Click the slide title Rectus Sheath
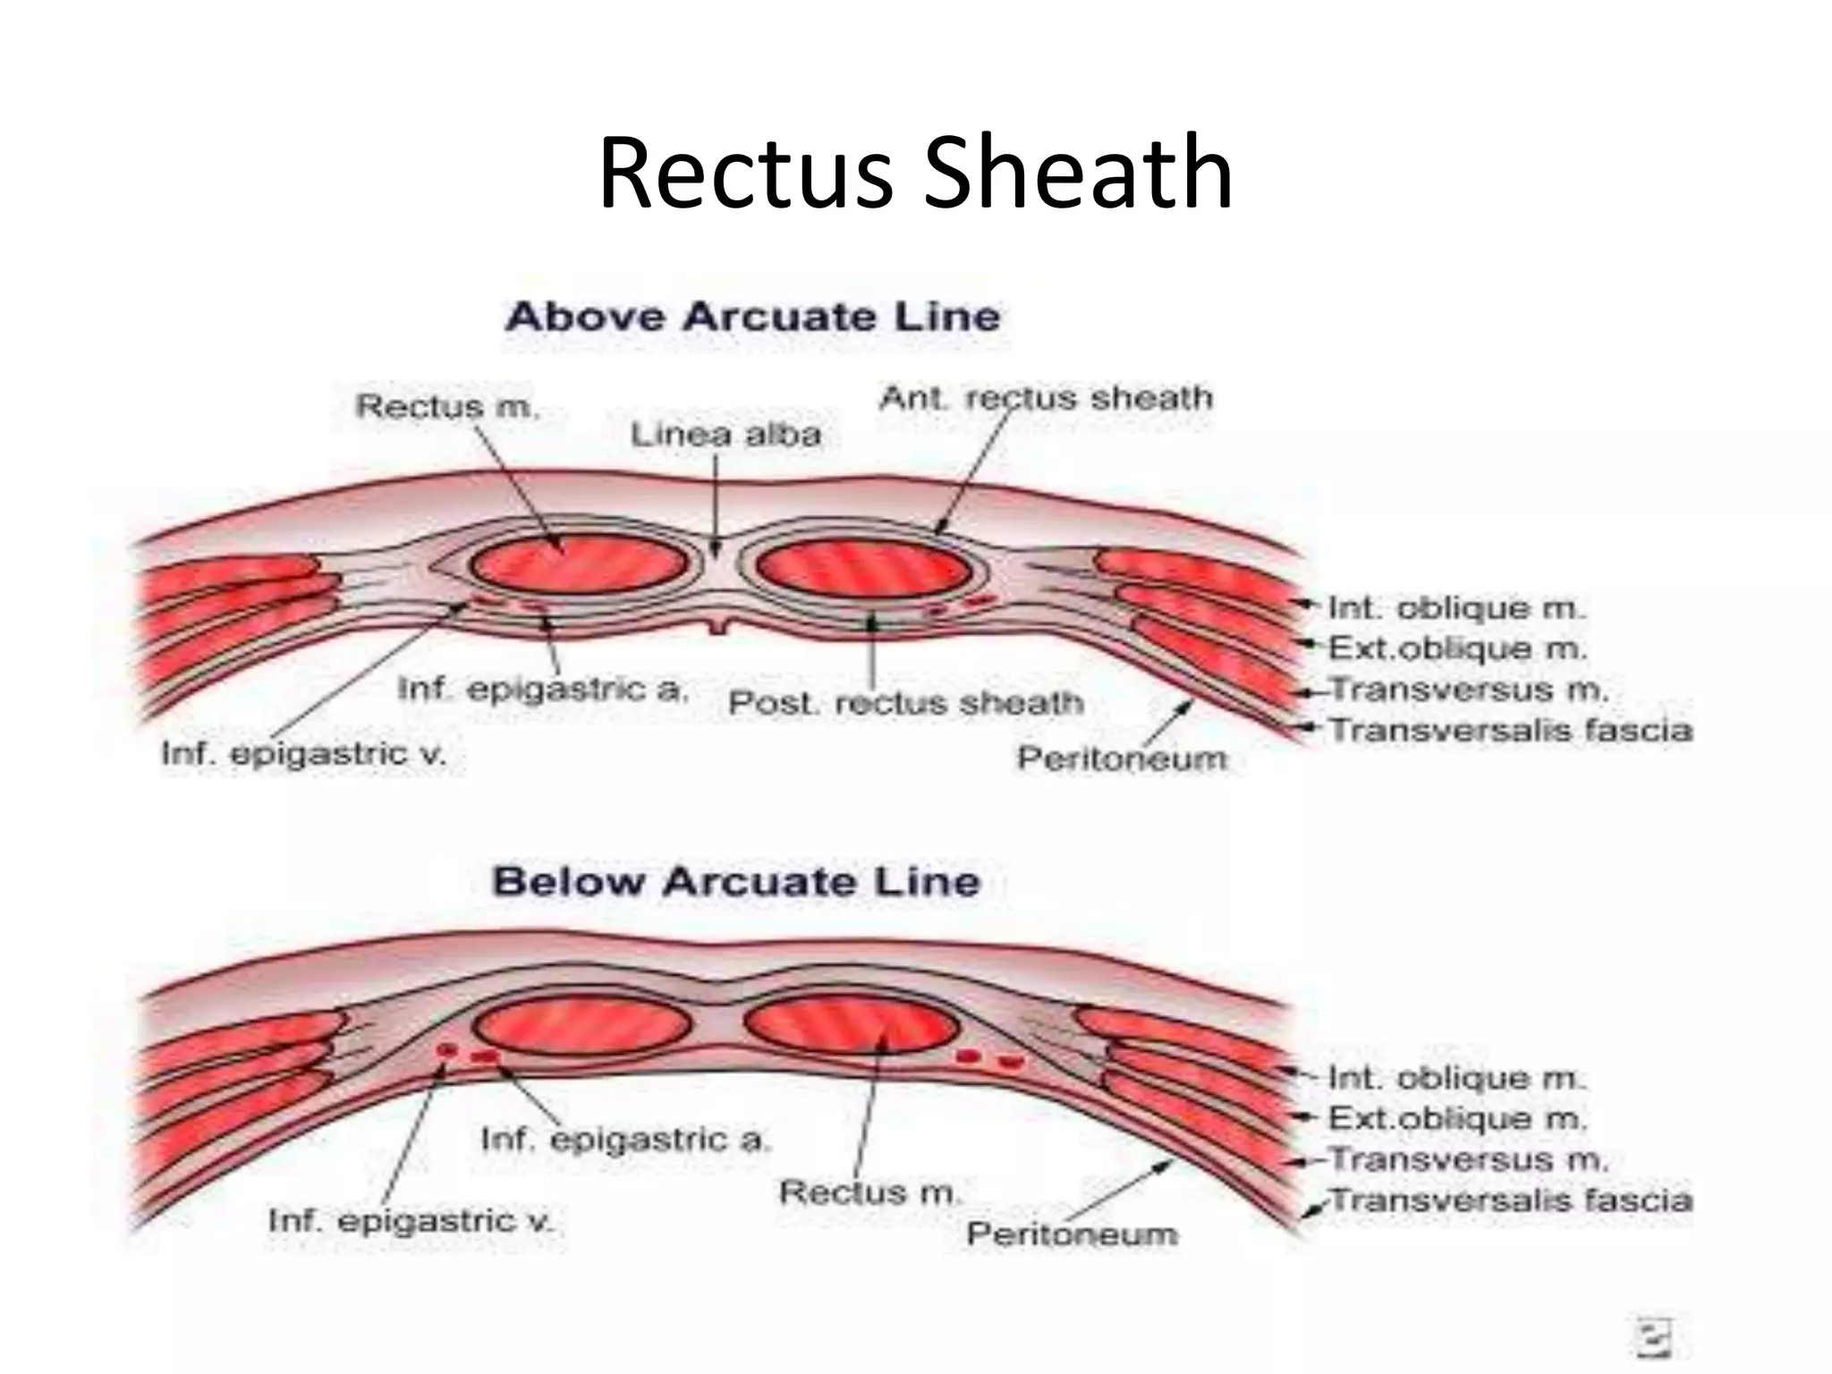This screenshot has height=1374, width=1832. point(915,172)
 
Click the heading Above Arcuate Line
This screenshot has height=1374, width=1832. point(752,318)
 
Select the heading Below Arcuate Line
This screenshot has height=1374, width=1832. point(736,882)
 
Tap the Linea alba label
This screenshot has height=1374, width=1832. point(725,436)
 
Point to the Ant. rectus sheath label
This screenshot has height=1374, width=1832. point(1047,398)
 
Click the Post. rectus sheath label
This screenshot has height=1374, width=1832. point(905,703)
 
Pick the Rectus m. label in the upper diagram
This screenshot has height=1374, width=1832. point(447,407)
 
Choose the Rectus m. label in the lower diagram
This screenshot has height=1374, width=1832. point(869,1192)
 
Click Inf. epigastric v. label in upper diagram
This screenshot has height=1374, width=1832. point(303,754)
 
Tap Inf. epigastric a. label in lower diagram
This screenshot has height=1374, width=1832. point(624,1141)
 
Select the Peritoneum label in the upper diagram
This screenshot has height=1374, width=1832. point(1122,759)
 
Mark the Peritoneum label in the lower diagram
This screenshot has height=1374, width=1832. point(1072,1235)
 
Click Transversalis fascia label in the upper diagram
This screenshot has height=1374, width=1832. point(1511,731)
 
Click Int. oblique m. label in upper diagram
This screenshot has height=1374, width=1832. point(1455,609)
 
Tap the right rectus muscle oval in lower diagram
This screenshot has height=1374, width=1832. point(852,1024)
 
